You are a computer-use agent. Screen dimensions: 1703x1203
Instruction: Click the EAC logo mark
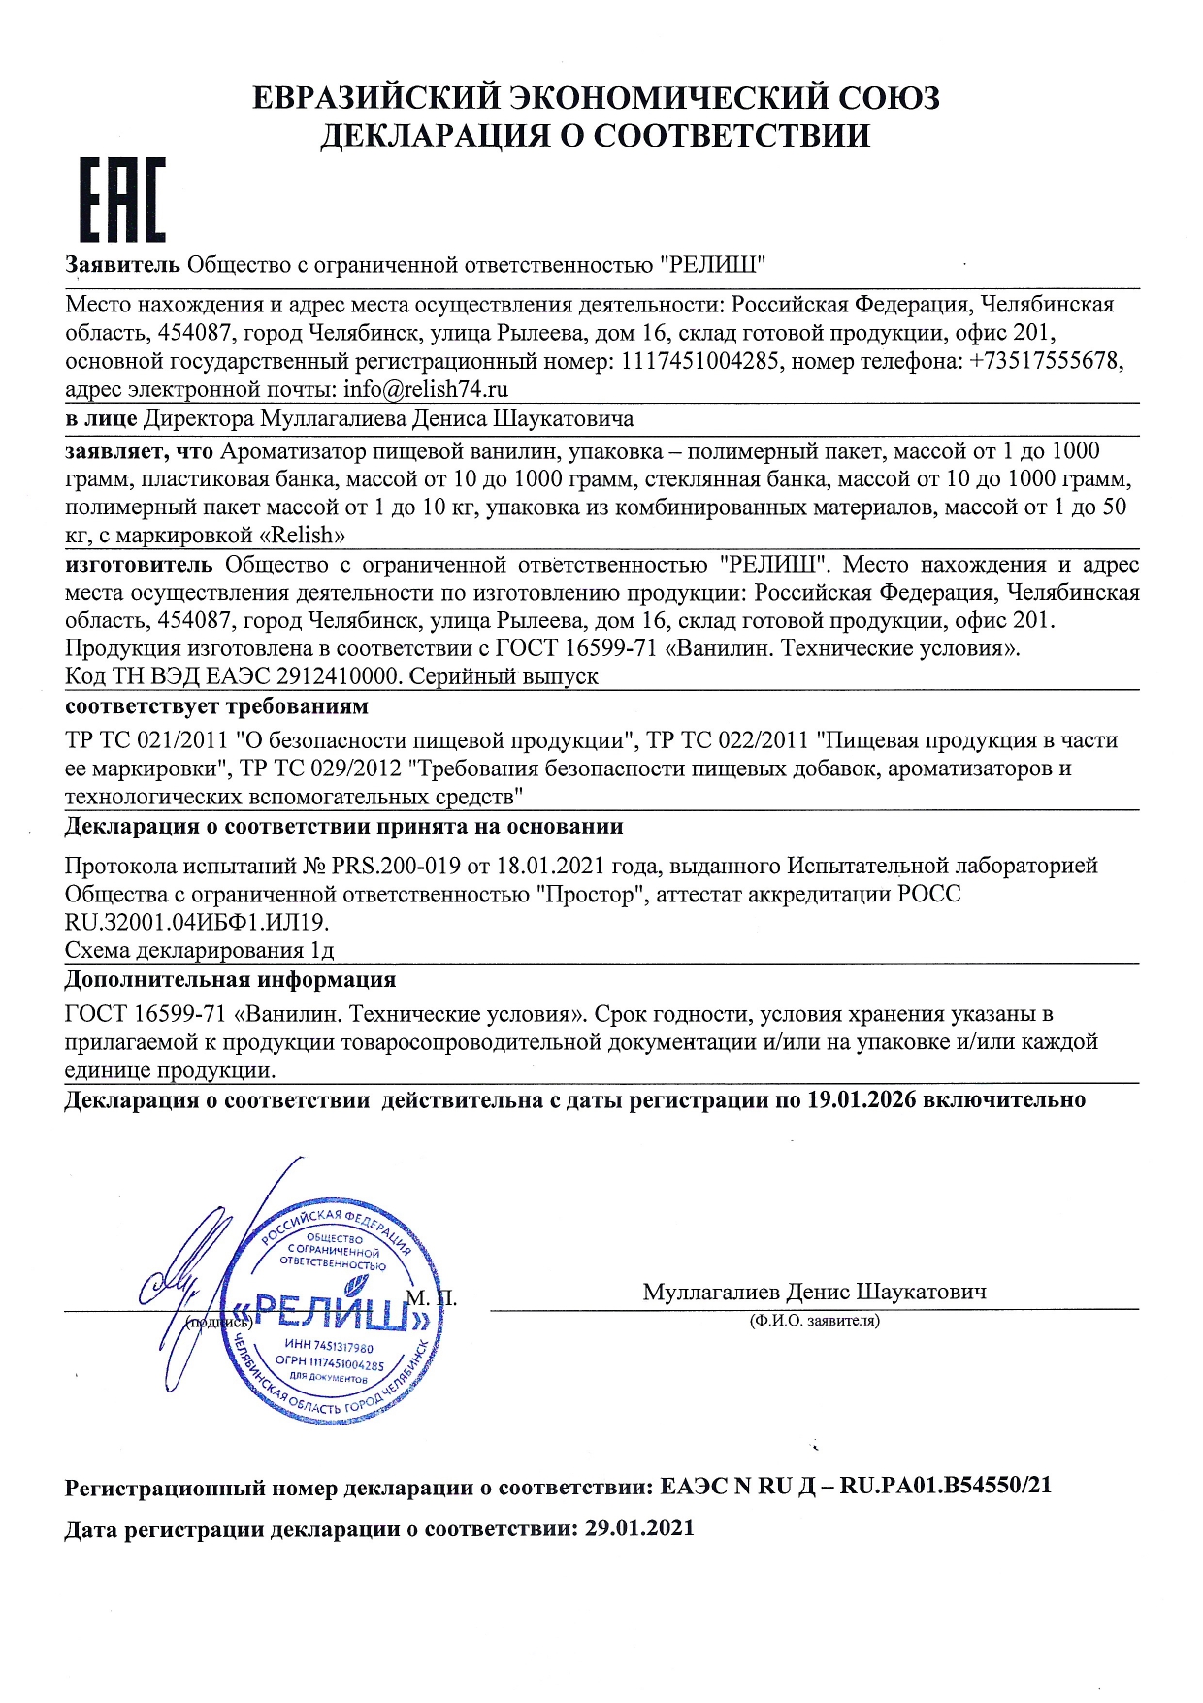pos(121,199)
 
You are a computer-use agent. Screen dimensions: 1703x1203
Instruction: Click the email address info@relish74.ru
pos(426,390)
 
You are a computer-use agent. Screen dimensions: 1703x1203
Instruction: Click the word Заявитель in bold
pos(122,264)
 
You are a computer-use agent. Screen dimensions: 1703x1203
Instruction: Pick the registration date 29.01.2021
pos(639,1528)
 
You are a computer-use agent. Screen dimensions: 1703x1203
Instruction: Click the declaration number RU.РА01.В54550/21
pos(945,1486)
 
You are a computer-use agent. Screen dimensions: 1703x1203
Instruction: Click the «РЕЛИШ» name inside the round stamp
pos(330,1315)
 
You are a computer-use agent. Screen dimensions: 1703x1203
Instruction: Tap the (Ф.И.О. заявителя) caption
pos(814,1321)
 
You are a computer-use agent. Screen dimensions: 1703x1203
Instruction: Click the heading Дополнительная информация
pos(230,979)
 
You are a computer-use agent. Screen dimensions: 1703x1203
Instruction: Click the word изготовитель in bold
pos(138,565)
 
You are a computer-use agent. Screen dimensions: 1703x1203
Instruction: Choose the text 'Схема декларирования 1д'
pos(199,950)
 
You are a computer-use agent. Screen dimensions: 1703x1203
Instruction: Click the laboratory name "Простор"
pos(592,894)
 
